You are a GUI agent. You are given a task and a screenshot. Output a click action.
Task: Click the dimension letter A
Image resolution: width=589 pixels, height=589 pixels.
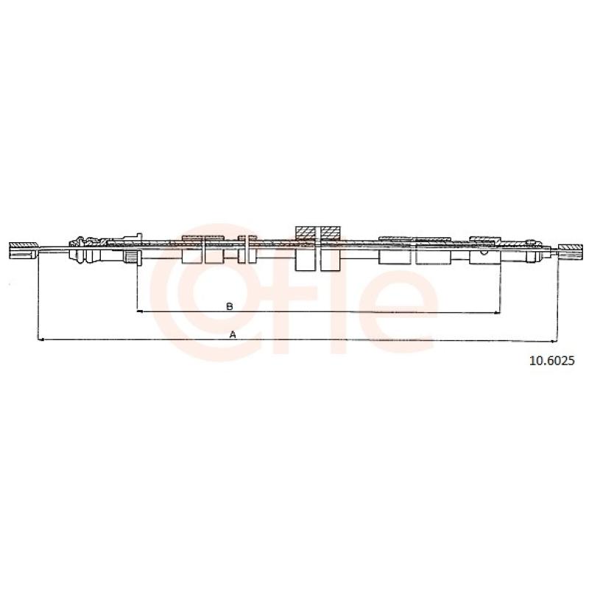233,334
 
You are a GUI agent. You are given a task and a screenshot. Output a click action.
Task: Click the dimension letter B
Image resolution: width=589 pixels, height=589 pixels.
229,306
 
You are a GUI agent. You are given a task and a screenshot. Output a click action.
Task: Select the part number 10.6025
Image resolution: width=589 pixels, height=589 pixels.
551,361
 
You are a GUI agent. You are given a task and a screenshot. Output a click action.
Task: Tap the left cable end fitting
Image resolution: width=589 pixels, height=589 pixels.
24,250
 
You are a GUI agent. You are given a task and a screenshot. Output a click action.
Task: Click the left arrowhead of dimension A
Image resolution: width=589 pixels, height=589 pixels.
42,340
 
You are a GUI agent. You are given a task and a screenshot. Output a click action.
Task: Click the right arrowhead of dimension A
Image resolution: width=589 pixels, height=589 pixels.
554,342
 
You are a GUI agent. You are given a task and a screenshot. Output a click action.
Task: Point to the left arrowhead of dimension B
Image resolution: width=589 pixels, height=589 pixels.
141,311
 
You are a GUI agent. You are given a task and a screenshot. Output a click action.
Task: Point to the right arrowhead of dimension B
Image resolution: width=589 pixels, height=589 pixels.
496,312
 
